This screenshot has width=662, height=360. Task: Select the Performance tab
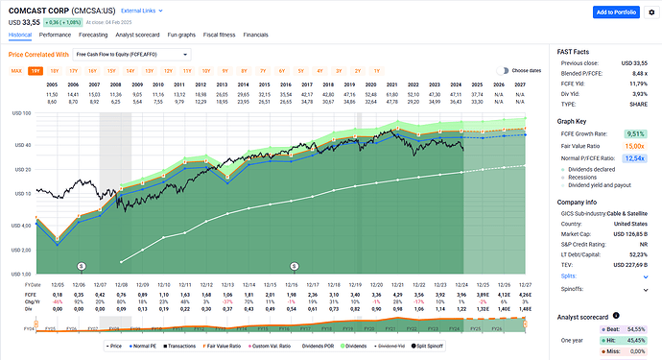[55, 34]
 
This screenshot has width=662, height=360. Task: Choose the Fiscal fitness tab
[222, 34]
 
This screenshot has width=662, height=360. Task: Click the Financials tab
[256, 34]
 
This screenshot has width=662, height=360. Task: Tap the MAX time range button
[16, 71]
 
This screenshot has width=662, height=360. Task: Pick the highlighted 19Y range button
[35, 71]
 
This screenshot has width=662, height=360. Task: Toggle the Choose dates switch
[502, 71]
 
